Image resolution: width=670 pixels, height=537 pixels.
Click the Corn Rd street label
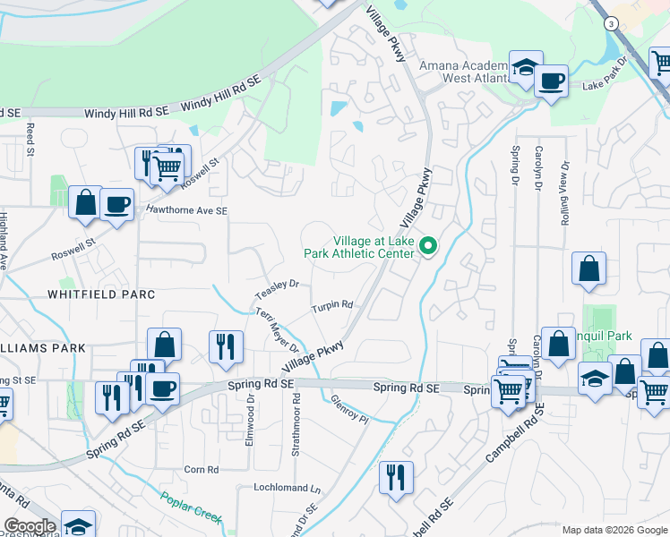tap(201, 469)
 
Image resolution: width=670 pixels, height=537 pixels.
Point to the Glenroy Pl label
tap(349, 408)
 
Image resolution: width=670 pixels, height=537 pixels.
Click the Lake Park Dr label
tap(608, 86)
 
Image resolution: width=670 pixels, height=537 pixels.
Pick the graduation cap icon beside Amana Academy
tap(526, 67)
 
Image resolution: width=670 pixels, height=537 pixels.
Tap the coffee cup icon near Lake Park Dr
tap(551, 81)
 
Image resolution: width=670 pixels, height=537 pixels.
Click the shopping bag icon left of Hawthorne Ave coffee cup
tap(86, 202)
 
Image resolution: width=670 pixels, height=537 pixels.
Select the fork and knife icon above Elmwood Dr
tap(225, 345)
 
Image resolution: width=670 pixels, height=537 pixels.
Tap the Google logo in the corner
tap(30, 526)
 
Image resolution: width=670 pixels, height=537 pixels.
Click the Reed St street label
tap(30, 143)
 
